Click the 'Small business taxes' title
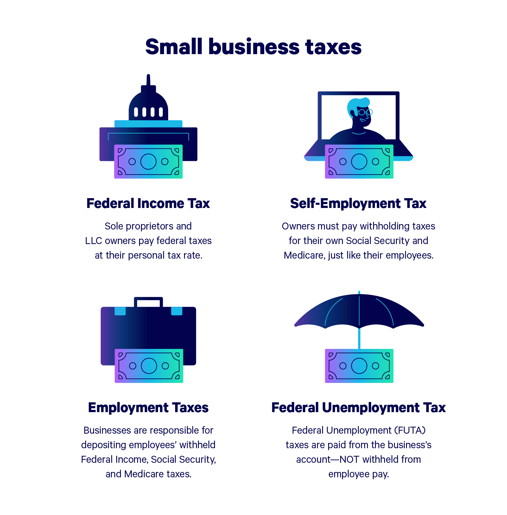[x=253, y=47]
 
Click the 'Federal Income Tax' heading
[x=148, y=204]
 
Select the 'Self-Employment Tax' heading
[x=358, y=204]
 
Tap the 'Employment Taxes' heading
[x=148, y=408]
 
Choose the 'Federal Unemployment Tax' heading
[x=358, y=408]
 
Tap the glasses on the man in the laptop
[x=365, y=112]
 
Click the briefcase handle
[x=148, y=299]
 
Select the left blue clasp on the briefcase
[x=120, y=311]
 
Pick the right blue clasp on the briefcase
[x=177, y=311]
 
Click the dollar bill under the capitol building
[x=148, y=161]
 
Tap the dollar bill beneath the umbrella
[x=359, y=366]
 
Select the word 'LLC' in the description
[x=94, y=241]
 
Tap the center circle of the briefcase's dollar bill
[x=149, y=366]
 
